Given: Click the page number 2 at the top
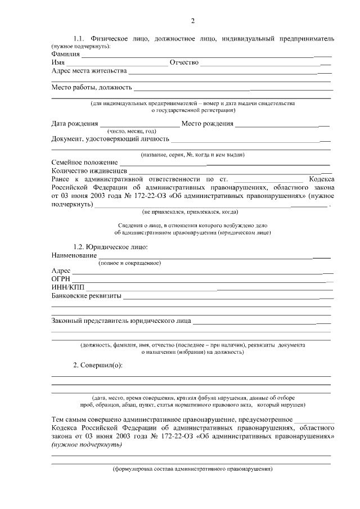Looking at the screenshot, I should (x=192, y=21).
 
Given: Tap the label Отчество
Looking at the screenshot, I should (x=184, y=62).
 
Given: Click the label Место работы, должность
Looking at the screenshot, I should (x=92, y=87).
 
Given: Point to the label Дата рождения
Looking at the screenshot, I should (x=74, y=123).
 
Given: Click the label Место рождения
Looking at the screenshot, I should (x=207, y=123).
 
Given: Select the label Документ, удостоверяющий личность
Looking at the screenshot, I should (x=110, y=138).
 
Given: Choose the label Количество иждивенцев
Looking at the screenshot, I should (x=89, y=170).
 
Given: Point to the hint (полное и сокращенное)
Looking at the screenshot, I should (x=129, y=263).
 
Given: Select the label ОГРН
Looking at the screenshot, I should (x=60, y=278).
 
